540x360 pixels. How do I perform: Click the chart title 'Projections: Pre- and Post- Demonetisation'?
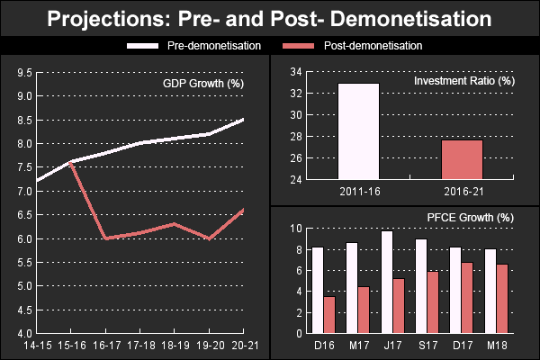(270, 18)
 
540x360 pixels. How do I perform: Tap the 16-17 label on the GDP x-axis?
(106, 346)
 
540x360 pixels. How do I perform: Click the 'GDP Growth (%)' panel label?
(203, 84)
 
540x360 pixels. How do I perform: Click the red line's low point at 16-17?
(106, 238)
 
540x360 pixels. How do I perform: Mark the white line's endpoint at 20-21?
(244, 119)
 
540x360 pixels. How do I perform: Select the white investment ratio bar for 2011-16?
(358, 131)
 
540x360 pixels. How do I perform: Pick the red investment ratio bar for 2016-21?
(462, 160)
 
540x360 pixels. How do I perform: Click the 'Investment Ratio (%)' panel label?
(463, 82)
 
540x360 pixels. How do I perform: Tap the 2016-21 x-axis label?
(462, 192)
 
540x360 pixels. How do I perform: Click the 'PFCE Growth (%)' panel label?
(470, 217)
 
